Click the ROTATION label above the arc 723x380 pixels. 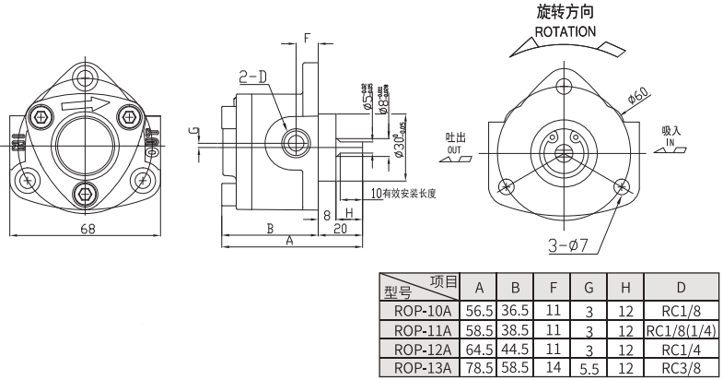click(x=566, y=31)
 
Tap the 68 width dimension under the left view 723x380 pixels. click(x=87, y=230)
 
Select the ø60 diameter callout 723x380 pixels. click(x=639, y=95)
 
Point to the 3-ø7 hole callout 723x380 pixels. click(x=570, y=245)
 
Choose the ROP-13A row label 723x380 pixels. click(x=421, y=368)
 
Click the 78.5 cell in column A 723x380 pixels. click(x=479, y=368)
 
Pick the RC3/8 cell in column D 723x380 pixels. click(x=681, y=368)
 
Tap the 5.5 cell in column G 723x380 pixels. click(x=589, y=368)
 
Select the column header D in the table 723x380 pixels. click(x=681, y=287)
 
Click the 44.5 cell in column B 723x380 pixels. click(x=515, y=350)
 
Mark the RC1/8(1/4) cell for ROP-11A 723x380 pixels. click(x=681, y=330)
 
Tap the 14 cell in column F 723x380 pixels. click(x=553, y=368)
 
